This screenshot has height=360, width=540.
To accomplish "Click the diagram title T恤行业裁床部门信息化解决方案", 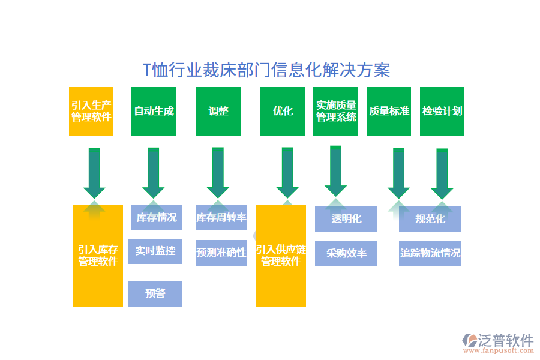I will pos(267,71).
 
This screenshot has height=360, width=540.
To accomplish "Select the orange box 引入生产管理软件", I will pos(91,111).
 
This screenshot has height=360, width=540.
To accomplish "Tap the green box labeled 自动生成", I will pos(154,111).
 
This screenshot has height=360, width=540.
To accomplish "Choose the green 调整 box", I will pos(218,111).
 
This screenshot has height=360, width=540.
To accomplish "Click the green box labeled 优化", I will pos(283,111).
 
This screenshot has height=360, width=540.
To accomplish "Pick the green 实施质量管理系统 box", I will pos(336,111).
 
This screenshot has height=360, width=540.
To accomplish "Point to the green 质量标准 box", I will pos(389,111).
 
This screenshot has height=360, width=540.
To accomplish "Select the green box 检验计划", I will pos(442,111).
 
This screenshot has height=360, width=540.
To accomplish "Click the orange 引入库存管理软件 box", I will pos(98,256).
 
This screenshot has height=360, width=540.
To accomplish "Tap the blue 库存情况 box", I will pos(157,218).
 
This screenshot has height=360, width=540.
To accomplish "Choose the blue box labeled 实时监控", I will pos(155,251).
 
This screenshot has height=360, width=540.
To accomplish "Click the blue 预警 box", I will pos(155,293).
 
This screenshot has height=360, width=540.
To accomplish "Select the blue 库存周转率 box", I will pos(221,218).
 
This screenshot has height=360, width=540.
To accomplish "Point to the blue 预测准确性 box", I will pos(221,253).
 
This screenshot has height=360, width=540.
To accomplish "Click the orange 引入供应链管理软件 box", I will pos(281,256).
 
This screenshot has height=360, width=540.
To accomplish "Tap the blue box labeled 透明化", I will pos(346,219).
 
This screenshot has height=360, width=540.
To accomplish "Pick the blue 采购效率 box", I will pos(346,253).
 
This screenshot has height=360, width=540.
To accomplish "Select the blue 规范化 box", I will pos(430,219).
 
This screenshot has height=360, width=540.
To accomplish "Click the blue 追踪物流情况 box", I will pos(430,253).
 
